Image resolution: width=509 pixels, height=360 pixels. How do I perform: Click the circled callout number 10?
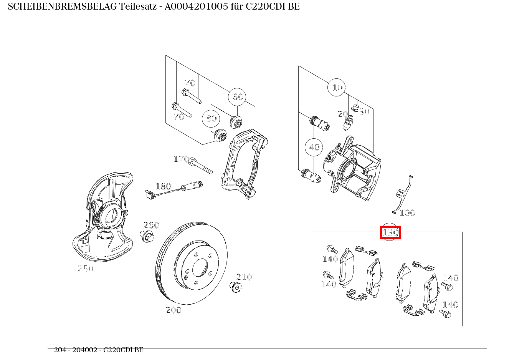pyautogui.click(x=337, y=88)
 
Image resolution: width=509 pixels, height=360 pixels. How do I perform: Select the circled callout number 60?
pyautogui.click(x=237, y=97)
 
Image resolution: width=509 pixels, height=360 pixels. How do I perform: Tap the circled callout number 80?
pyautogui.click(x=211, y=118)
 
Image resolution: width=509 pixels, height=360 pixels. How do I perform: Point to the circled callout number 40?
pyautogui.click(x=314, y=147)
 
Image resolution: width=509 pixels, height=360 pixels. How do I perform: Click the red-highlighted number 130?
pyautogui.click(x=390, y=232)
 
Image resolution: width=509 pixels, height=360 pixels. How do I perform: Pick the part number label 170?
pyautogui.click(x=181, y=159)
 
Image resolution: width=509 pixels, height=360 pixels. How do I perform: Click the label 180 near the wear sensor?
pyautogui.click(x=163, y=186)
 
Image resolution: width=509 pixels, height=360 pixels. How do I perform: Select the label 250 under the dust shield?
pyautogui.click(x=86, y=269)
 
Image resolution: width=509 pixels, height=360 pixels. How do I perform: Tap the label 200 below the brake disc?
pyautogui.click(x=174, y=310)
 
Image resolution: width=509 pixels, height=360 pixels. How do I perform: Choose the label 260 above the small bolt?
pyautogui.click(x=151, y=225)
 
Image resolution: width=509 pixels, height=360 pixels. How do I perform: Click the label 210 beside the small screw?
pyautogui.click(x=244, y=277)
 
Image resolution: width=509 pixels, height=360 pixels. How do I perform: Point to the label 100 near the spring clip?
pyautogui.click(x=407, y=213)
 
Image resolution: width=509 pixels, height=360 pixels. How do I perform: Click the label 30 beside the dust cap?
pyautogui.click(x=364, y=111)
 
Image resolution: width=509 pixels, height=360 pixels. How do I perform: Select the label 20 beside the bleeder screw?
pyautogui.click(x=342, y=114)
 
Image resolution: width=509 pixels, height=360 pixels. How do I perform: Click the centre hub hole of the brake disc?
pyautogui.click(x=200, y=267)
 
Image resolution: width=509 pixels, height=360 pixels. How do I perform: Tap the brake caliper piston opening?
pyautogui.click(x=348, y=169)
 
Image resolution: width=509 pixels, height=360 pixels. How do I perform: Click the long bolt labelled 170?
pyautogui.click(x=200, y=166)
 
